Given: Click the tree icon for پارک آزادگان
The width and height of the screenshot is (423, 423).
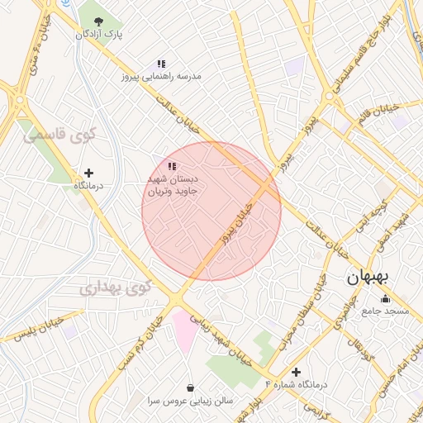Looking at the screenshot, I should point(99,21).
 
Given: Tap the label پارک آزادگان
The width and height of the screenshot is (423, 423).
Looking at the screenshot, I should point(99,35).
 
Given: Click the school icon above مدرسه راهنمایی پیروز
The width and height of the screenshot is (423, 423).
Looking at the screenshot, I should point(162,63).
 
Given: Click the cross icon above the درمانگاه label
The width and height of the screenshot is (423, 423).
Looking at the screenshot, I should point(89,173).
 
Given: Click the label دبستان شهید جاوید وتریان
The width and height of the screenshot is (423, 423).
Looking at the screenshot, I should point(173,184).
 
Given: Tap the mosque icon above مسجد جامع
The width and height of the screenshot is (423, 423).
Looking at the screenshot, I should point(385,298).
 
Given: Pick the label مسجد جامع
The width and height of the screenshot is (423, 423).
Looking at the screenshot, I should point(385,311).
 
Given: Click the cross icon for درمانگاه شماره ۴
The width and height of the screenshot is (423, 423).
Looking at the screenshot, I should point(296,372).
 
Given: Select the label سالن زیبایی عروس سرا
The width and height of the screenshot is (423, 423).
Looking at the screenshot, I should point(191,400).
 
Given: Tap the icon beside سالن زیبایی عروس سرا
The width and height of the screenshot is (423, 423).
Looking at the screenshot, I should point(191,387).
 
